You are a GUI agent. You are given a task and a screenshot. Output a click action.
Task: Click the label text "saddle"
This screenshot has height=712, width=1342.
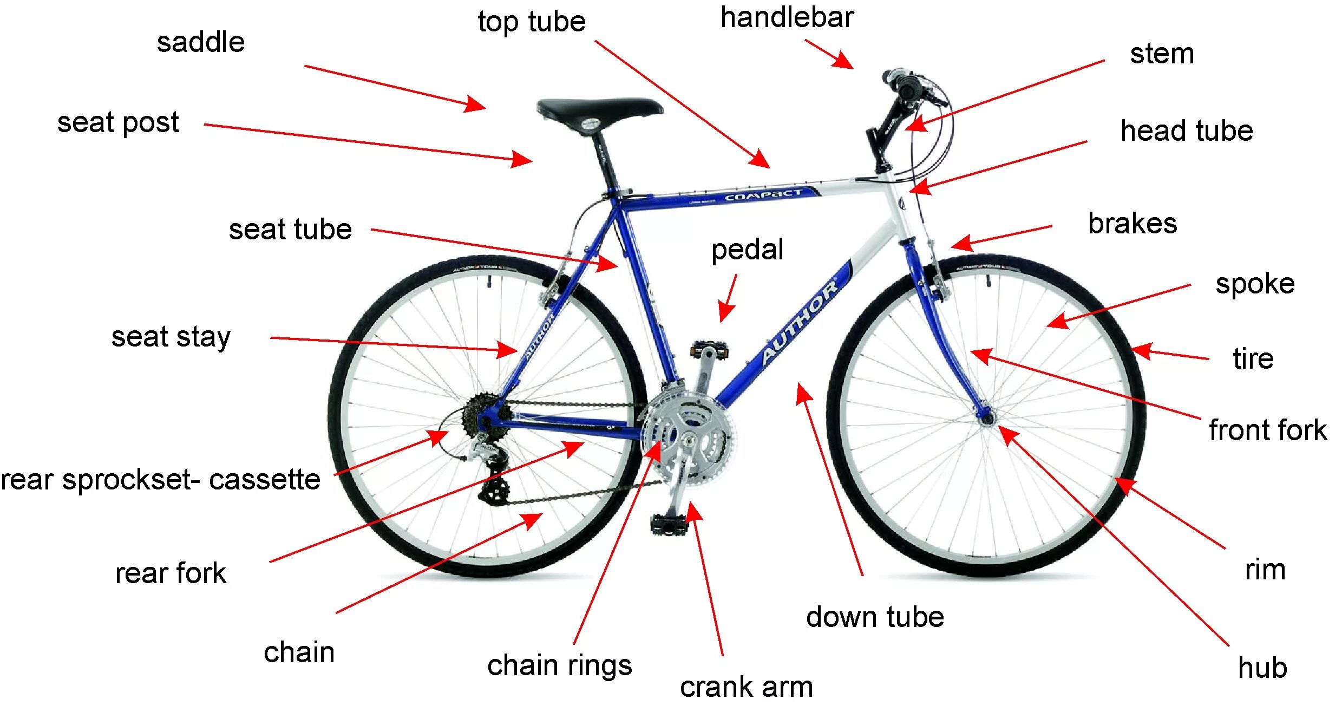tap(200, 42)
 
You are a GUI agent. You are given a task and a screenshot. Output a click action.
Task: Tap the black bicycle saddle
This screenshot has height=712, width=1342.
tap(599, 108)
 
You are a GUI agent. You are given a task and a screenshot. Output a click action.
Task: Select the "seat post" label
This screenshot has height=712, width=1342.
tap(118, 123)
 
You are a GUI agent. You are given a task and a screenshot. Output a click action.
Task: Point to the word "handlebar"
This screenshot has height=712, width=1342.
tap(787, 17)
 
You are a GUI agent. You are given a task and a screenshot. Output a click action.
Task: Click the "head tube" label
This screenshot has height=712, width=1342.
tap(1186, 131)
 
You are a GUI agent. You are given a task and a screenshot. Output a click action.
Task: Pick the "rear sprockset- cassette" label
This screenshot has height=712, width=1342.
tap(160, 480)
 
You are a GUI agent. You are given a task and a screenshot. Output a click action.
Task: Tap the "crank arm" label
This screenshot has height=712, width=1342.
tap(746, 687)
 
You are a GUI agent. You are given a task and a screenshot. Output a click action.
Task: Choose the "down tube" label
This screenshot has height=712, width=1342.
tap(875, 617)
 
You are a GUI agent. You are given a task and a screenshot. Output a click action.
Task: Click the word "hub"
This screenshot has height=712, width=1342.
tap(1262, 668)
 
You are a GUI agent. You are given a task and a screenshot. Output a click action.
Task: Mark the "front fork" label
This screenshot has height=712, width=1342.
tap(1267, 430)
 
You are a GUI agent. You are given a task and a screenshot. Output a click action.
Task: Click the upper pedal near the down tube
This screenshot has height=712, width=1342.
tap(709, 350)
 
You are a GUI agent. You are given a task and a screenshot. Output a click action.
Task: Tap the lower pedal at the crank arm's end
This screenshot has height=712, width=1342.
tap(669, 524)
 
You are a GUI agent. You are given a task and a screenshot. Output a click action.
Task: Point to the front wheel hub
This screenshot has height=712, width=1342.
tap(987, 417)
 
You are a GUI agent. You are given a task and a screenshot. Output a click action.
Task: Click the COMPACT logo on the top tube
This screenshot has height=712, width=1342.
tap(763, 195)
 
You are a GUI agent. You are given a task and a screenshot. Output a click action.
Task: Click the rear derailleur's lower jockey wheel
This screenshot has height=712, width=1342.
tap(494, 492)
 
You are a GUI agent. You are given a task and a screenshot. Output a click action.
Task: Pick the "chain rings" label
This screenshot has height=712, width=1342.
tap(559, 665)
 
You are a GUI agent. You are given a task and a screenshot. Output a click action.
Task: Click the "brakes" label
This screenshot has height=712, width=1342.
tap(1132, 224)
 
